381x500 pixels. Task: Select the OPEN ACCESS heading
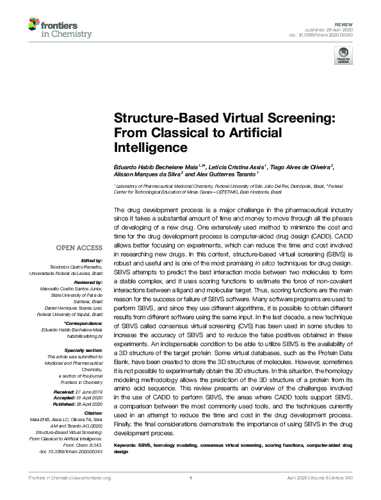tap(79, 247)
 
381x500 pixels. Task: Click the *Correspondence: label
tap(84, 323)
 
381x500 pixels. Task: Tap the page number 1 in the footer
tap(191, 495)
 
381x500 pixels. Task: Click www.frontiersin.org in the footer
tap(95, 495)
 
